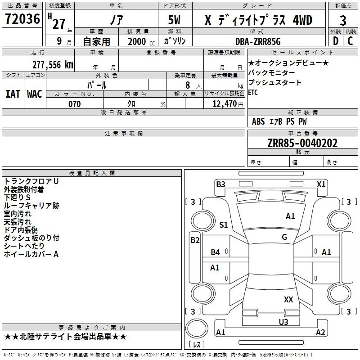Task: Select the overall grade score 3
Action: [343, 20]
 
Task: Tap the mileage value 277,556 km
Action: [53, 64]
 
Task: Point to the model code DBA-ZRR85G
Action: [258, 41]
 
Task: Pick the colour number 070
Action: [75, 104]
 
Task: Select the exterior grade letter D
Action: [335, 41]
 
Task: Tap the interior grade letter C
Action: [350, 41]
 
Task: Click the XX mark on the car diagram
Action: [288, 299]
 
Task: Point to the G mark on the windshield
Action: [284, 237]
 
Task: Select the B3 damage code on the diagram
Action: [220, 184]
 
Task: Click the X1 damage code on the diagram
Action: [321, 184]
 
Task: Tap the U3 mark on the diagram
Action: [283, 322]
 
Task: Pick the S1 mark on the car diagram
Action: [224, 225]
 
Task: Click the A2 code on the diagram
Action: [320, 333]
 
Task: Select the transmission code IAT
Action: [13, 94]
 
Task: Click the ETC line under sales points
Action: [253, 93]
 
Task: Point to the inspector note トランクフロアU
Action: [31, 181]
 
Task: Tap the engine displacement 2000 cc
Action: [139, 41]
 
